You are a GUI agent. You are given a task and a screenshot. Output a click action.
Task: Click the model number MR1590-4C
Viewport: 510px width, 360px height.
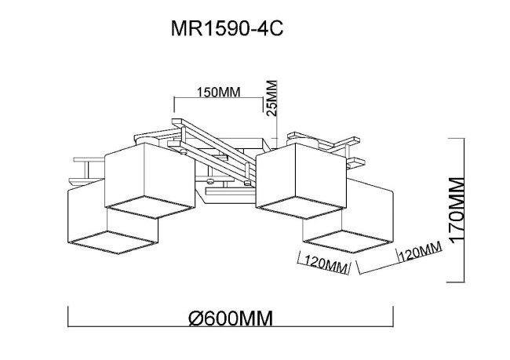tap(226, 30)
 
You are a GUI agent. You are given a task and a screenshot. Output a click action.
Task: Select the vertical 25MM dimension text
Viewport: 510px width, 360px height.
tap(272, 98)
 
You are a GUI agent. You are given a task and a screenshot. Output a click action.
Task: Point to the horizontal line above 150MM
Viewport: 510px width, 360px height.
tap(217, 100)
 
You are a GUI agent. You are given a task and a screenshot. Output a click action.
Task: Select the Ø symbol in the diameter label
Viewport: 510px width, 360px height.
tap(197, 318)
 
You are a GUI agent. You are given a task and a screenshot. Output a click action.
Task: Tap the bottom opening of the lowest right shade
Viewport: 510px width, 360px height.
tap(344, 238)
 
